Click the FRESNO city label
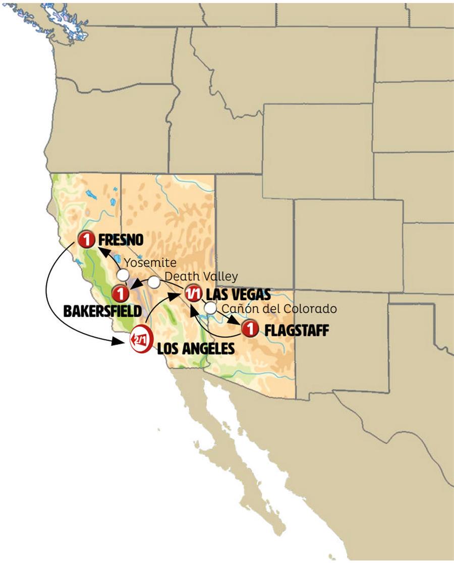pyautogui.click(x=121, y=238)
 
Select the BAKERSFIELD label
pyautogui.click(x=102, y=311)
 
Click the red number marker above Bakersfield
pyautogui.click(x=120, y=293)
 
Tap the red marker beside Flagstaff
pyautogui.click(x=249, y=329)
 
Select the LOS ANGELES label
pyautogui.click(x=196, y=348)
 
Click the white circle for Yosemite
pyautogui.click(x=123, y=275)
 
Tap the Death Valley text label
pyautogui.click(x=201, y=276)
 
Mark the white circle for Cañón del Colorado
pyautogui.click(x=210, y=308)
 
